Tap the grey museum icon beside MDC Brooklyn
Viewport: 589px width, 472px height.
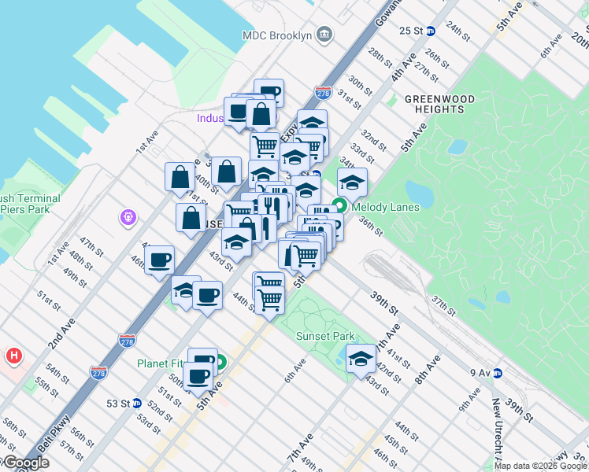tap(324, 34)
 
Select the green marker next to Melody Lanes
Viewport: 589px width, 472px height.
tap(339, 207)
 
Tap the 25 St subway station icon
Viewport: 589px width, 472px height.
tap(430, 31)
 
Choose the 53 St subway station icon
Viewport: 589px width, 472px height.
tap(136, 404)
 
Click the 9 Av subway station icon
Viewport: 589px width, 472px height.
tap(498, 373)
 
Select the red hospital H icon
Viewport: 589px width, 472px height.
tap(13, 356)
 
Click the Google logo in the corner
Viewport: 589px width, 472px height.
tap(25, 463)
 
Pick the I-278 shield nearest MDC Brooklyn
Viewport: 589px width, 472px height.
tap(322, 93)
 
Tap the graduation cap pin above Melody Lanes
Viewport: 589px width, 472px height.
tap(352, 183)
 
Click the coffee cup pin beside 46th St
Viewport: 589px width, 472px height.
tap(160, 259)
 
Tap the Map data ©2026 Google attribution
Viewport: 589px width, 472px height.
tap(540, 466)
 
